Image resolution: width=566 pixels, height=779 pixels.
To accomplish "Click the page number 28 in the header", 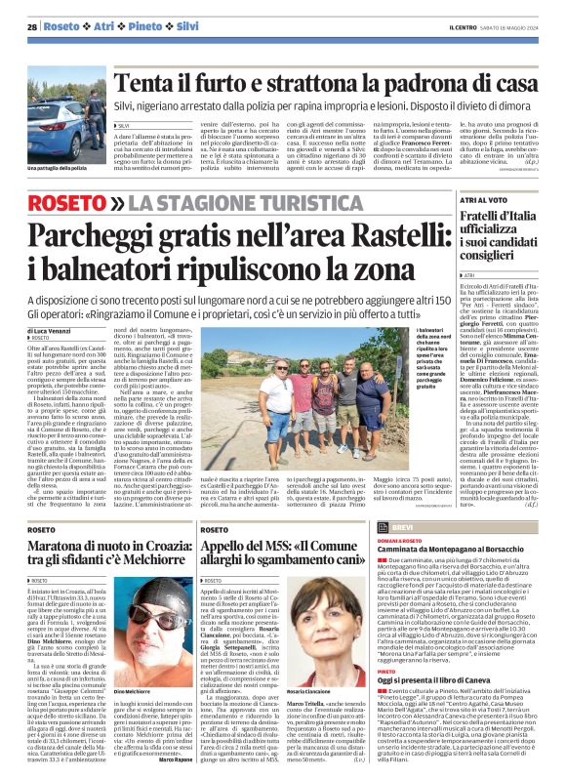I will pos(33,26).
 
